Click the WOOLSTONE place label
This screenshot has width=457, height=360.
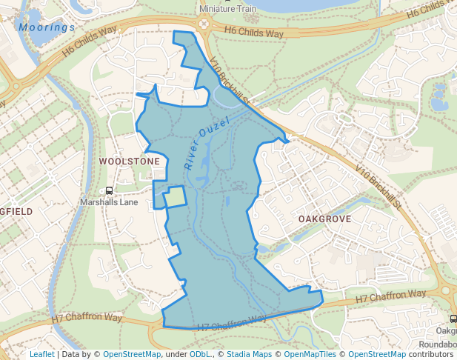click(x=130, y=161)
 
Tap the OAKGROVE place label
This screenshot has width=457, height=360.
click(x=323, y=220)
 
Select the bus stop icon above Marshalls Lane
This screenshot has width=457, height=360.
click(x=110, y=191)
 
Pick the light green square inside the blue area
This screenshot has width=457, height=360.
click(x=176, y=197)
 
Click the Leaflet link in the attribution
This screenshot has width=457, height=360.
click(x=41, y=354)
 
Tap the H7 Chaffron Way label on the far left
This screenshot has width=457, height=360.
click(x=87, y=317)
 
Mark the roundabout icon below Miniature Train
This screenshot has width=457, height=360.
click(x=204, y=23)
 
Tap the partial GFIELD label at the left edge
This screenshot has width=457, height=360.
click(x=16, y=211)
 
